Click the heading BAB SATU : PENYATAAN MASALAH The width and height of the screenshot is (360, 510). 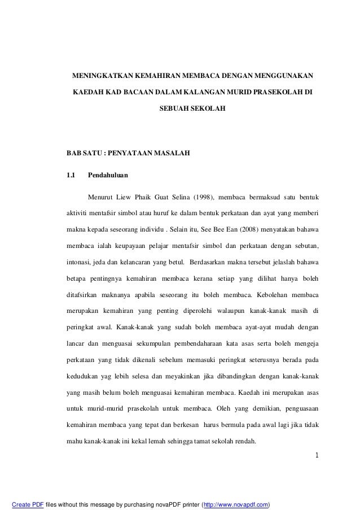click(x=129, y=153)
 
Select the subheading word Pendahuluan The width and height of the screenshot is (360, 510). click(x=108, y=175)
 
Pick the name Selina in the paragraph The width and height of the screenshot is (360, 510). click(x=178, y=197)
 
